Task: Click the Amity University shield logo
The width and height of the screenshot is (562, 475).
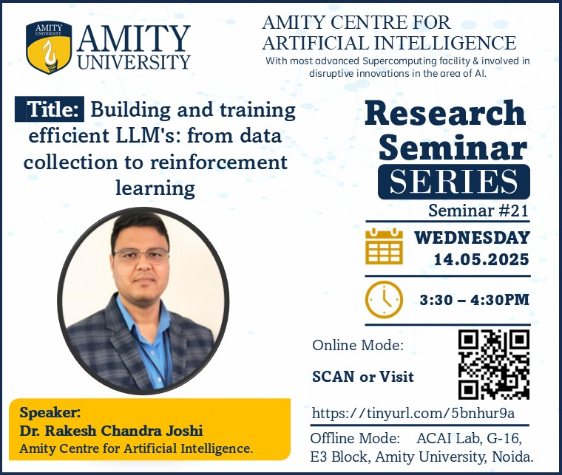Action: click(48, 47)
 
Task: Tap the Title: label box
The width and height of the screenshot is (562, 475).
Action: click(50, 109)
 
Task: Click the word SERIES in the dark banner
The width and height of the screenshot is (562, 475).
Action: click(453, 182)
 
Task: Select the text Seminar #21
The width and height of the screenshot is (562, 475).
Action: click(478, 210)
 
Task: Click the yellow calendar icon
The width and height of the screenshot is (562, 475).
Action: click(384, 246)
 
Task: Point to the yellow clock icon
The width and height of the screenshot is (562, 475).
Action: click(384, 300)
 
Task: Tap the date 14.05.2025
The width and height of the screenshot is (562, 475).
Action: click(481, 259)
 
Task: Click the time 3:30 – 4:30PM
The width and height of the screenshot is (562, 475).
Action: click(475, 300)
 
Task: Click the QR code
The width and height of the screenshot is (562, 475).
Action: click(493, 364)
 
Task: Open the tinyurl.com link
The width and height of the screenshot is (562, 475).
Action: click(413, 413)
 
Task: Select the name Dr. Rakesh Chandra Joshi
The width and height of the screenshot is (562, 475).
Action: click(111, 431)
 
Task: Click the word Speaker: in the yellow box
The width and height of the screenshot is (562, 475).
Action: click(50, 413)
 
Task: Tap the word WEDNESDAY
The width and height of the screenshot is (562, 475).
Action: click(472, 238)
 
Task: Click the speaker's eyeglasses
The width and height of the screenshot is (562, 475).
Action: click(141, 256)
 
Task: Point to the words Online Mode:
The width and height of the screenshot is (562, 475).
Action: click(358, 346)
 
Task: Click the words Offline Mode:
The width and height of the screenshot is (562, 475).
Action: click(355, 439)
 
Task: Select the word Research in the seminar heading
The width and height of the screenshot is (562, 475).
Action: click(445, 114)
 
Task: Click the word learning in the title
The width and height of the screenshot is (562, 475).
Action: click(155, 188)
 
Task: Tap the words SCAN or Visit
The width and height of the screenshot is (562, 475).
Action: click(363, 377)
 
